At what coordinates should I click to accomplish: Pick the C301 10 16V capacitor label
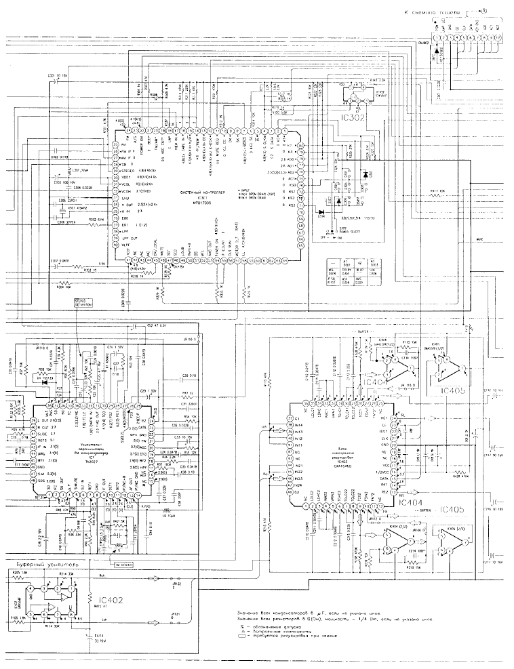tap(58, 75)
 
